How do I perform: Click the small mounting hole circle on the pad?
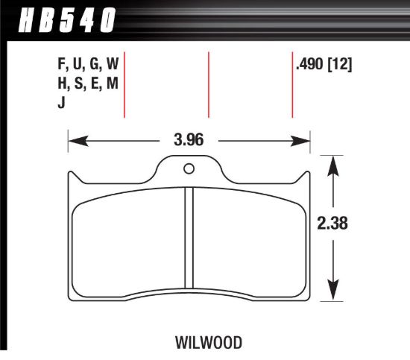189,166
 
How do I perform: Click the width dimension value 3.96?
189,139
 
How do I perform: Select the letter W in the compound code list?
112,66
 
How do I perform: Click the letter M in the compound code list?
112,85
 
